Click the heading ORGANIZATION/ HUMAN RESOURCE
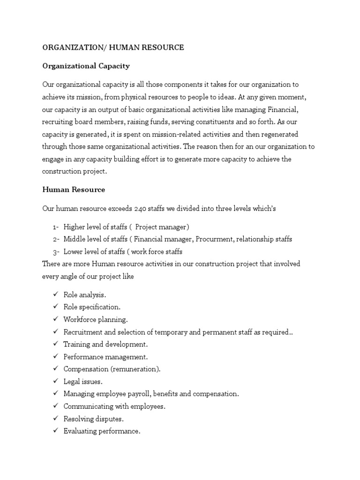tap(113, 47)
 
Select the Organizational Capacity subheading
tap(86, 66)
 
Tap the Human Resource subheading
tap(74, 190)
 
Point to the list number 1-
tap(56, 227)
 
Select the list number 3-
tap(56, 252)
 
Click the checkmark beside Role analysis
tap(55, 294)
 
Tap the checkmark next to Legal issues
tap(55, 381)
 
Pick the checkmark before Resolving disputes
tap(55, 418)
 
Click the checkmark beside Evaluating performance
tap(55, 431)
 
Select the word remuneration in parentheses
tap(137, 369)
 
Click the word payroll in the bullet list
tap(146, 394)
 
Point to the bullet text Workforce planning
tap(96, 320)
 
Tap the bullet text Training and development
tap(106, 344)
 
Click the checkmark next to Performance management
tap(55, 356)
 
